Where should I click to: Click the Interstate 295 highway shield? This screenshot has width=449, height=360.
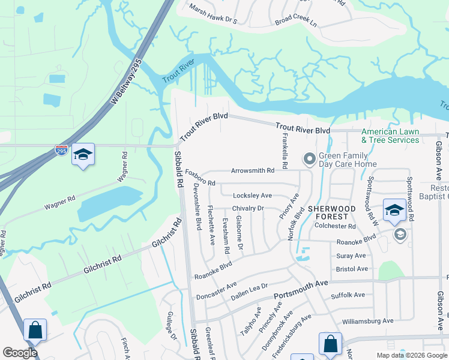pyautogui.click(x=61, y=151)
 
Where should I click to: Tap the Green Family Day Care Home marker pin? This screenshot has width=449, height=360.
pyautogui.click(x=310, y=158)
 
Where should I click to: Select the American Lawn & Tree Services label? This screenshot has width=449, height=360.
pyautogui.click(x=390, y=136)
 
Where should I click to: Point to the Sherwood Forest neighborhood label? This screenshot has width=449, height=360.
pyautogui.click(x=328, y=212)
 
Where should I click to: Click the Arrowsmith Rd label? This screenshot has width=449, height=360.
pyautogui.click(x=253, y=170)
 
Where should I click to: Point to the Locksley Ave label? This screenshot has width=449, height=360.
pyautogui.click(x=252, y=196)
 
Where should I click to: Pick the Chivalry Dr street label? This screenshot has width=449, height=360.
pyautogui.click(x=248, y=208)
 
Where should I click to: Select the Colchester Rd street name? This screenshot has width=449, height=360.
pyautogui.click(x=335, y=226)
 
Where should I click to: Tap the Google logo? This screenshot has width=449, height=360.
pyautogui.click(x=20, y=353)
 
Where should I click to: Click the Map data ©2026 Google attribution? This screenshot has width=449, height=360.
pyautogui.click(x=411, y=355)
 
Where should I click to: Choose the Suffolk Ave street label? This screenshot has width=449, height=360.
pyautogui.click(x=348, y=295)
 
